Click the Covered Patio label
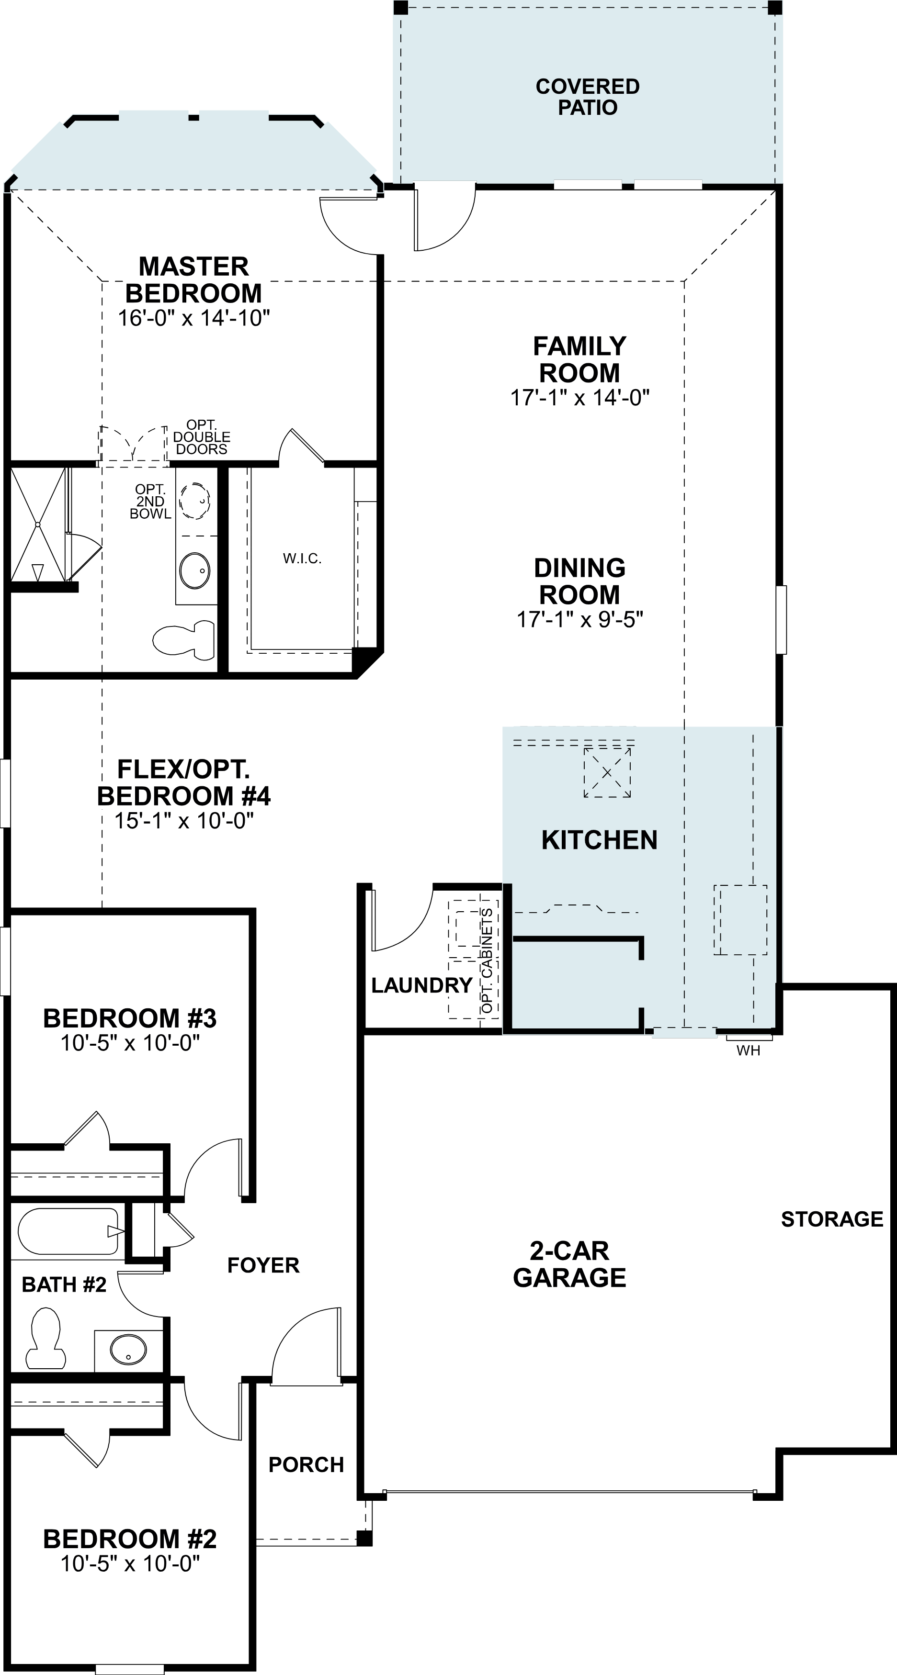pos(587,97)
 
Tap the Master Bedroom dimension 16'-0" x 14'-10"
pos(194,318)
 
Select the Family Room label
pos(579,359)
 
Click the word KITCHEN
pos(599,840)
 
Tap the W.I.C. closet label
pos(302,558)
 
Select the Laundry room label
pos(421,985)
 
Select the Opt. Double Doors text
pos(202,437)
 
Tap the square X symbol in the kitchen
pos(607,772)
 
